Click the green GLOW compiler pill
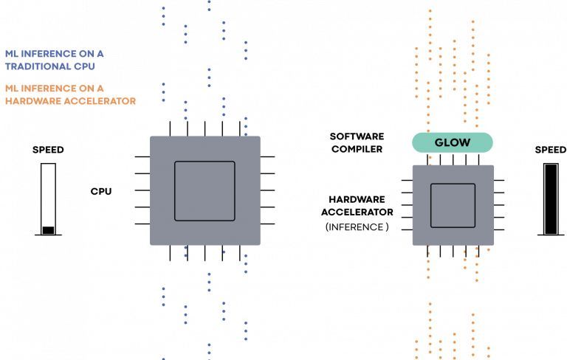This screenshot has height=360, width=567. pos(452,142)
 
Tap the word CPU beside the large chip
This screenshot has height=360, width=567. pos(101,191)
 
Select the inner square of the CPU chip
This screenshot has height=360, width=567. pos(205,190)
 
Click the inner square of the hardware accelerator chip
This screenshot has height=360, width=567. pos(453,205)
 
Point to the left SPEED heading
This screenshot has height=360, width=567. pos(48,150)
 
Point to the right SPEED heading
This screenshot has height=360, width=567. pos(550,150)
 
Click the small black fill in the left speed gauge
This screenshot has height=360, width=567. pos(48,230)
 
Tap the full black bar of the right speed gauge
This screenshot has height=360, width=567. pos(551,198)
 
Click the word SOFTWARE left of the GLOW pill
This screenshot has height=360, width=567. pos(357,136)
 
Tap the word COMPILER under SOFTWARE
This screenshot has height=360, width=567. pos(357,149)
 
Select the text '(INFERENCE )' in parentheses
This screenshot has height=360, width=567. pos(357,227)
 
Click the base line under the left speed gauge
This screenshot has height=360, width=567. pos(48,235)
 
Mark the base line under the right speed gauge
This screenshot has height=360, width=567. pos(551,235)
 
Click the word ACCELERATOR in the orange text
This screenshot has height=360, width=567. pos(101,101)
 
